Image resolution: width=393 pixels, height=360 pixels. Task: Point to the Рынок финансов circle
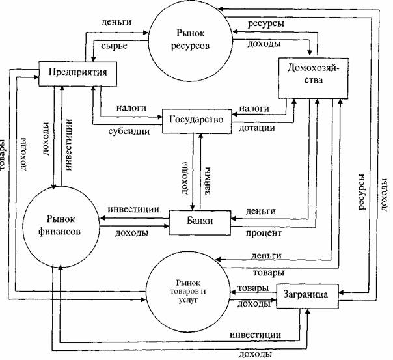[59, 224]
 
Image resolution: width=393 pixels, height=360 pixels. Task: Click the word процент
[264, 232]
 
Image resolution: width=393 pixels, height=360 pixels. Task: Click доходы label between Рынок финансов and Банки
[128, 232]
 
